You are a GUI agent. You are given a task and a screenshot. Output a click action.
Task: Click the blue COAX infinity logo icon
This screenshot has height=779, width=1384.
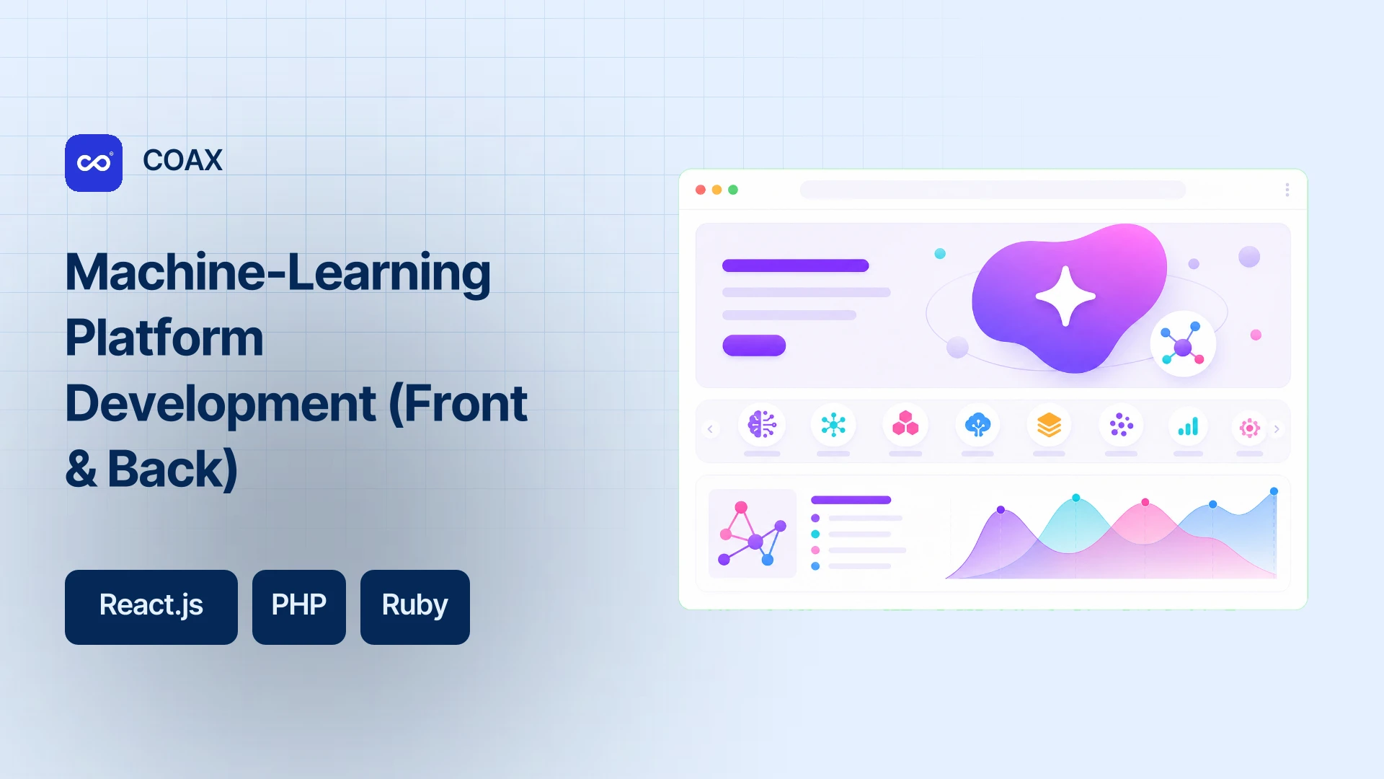tap(94, 163)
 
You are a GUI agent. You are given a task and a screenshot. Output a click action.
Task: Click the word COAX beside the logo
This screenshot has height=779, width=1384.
tap(182, 160)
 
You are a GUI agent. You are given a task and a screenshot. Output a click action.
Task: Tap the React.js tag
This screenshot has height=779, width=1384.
tap(151, 607)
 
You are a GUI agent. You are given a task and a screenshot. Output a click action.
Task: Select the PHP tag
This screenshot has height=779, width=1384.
tap(299, 607)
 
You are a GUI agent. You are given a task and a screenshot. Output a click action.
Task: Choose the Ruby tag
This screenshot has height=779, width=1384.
tap(415, 607)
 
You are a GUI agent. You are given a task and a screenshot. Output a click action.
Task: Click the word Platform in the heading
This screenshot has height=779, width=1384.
tap(164, 338)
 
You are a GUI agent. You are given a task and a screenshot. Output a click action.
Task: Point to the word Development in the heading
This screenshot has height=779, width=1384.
tap(221, 403)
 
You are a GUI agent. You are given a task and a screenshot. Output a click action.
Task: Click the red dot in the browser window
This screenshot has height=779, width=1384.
tap(700, 190)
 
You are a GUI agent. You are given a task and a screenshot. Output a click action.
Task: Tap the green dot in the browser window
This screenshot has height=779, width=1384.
tap(733, 190)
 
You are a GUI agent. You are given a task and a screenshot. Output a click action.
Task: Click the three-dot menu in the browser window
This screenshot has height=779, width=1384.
tap(1287, 190)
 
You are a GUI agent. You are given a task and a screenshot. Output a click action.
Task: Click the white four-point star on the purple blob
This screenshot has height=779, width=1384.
tap(1065, 296)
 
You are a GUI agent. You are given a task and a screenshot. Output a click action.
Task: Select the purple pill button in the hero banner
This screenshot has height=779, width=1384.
tap(754, 346)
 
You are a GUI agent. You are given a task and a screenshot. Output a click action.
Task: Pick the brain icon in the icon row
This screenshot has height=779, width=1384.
tap(762, 424)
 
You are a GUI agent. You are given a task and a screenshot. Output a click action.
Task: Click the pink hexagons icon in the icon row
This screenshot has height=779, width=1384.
tap(905, 423)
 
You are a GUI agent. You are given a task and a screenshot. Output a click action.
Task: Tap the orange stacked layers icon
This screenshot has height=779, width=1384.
tap(1049, 425)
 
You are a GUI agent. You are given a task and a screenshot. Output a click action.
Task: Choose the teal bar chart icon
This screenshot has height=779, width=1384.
tap(1188, 426)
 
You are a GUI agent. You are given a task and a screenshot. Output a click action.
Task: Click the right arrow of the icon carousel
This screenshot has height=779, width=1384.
tap(1277, 429)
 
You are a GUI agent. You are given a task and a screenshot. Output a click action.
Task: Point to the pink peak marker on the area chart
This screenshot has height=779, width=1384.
tap(1145, 502)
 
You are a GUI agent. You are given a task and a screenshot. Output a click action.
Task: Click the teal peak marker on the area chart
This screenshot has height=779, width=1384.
tap(1076, 498)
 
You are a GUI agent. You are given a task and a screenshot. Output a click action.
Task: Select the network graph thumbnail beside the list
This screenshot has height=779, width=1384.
tap(753, 534)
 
